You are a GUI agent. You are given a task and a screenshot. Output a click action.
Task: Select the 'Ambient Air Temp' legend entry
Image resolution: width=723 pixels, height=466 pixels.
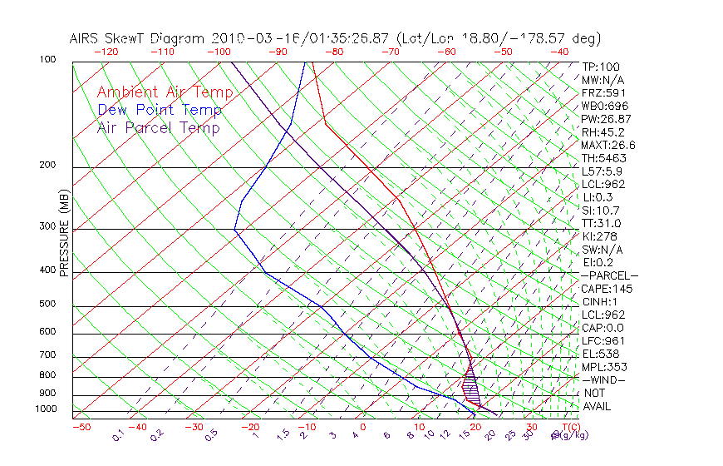point(165,92)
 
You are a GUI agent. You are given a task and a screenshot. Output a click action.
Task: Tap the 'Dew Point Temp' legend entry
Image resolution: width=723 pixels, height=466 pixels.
point(160,110)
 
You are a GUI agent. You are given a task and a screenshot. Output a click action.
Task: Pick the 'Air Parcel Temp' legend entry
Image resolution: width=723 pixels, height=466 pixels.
point(158,127)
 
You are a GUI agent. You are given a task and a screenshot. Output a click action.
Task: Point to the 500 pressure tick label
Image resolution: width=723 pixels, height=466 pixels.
point(48,305)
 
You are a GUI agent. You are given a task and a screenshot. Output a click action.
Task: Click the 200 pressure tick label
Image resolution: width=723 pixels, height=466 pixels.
point(48,165)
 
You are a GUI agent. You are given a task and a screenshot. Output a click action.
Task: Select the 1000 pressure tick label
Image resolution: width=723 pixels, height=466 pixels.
point(46,409)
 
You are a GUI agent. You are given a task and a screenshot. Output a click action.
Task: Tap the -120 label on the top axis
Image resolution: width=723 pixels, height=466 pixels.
point(106,52)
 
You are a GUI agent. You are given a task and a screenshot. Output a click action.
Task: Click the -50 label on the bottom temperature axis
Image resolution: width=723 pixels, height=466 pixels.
point(81,427)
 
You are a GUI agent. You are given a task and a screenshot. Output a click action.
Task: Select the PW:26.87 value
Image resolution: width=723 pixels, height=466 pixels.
point(607,119)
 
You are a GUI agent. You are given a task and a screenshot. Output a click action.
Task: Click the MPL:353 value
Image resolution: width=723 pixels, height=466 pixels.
point(604,367)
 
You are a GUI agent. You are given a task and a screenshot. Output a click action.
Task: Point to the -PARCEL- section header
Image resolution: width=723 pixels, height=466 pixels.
point(609,275)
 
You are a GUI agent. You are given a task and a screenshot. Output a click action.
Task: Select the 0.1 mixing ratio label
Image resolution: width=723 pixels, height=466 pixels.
point(118,434)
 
